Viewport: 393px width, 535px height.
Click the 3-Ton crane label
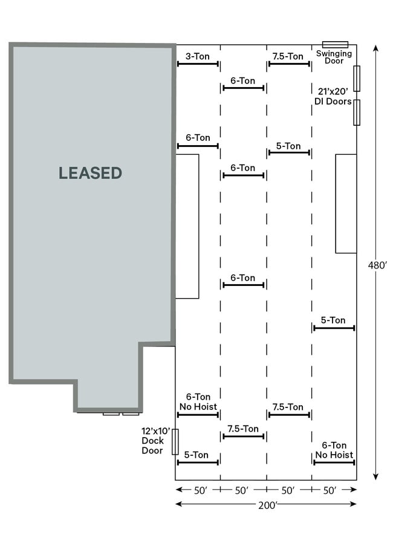pyautogui.click(x=198, y=56)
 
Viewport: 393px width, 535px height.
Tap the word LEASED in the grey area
pyautogui.click(x=91, y=173)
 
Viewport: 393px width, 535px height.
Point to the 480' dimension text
pyautogui.click(x=378, y=265)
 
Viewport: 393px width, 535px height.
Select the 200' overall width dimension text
pyautogui.click(x=268, y=505)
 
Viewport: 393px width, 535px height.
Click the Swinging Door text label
pyautogui.click(x=334, y=57)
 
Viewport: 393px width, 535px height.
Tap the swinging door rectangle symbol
pyautogui.click(x=336, y=45)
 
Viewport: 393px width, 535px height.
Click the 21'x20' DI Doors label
pyautogui.click(x=333, y=96)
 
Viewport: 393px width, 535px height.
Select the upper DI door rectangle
pyautogui.click(x=357, y=79)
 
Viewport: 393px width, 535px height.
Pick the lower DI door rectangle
pyautogui.click(x=357, y=112)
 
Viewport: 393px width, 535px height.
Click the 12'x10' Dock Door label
pyautogui.click(x=155, y=441)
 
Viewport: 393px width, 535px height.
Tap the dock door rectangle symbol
pyautogui.click(x=175, y=442)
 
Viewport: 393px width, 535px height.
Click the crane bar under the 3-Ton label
pyautogui.click(x=198, y=64)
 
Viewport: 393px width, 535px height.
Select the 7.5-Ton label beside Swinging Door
pyautogui.click(x=288, y=56)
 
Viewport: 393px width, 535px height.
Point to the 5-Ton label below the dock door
pyautogui.click(x=196, y=455)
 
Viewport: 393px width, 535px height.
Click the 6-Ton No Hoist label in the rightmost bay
pyautogui.click(x=334, y=450)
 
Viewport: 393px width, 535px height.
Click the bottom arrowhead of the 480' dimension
pyautogui.click(x=375, y=477)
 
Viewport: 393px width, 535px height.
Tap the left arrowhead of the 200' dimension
pyautogui.click(x=178, y=504)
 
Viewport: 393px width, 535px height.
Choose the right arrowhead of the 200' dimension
pyautogui.click(x=354, y=504)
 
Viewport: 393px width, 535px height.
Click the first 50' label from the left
pyautogui.click(x=201, y=490)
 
